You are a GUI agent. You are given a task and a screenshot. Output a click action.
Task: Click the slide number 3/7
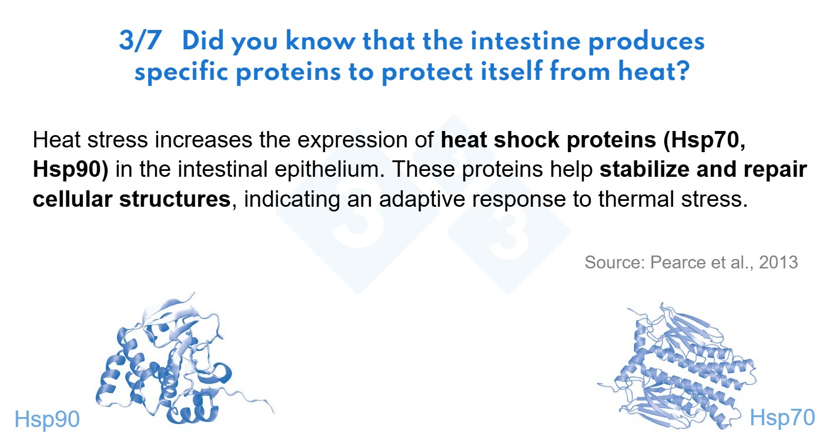pyautogui.click(x=140, y=41)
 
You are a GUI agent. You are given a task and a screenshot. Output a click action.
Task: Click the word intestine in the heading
pyautogui.click(x=526, y=41)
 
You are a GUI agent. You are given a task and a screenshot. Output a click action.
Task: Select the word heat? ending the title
pyautogui.click(x=654, y=71)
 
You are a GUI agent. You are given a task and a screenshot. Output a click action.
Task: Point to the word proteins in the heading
pyautogui.click(x=288, y=72)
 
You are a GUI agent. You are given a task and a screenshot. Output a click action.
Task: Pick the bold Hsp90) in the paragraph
pyautogui.click(x=71, y=170)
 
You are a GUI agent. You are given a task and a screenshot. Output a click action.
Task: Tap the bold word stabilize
pyautogui.click(x=644, y=170)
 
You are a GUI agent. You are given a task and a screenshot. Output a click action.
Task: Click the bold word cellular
pyautogui.click(x=72, y=199)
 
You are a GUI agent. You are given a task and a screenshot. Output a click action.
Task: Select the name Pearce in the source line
pyautogui.click(x=677, y=262)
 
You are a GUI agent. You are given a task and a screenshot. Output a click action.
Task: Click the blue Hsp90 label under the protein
pyautogui.click(x=47, y=419)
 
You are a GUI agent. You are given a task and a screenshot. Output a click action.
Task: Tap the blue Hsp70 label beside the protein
pyautogui.click(x=782, y=418)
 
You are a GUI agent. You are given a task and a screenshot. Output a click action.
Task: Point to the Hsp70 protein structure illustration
pyautogui.click(x=680, y=367)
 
